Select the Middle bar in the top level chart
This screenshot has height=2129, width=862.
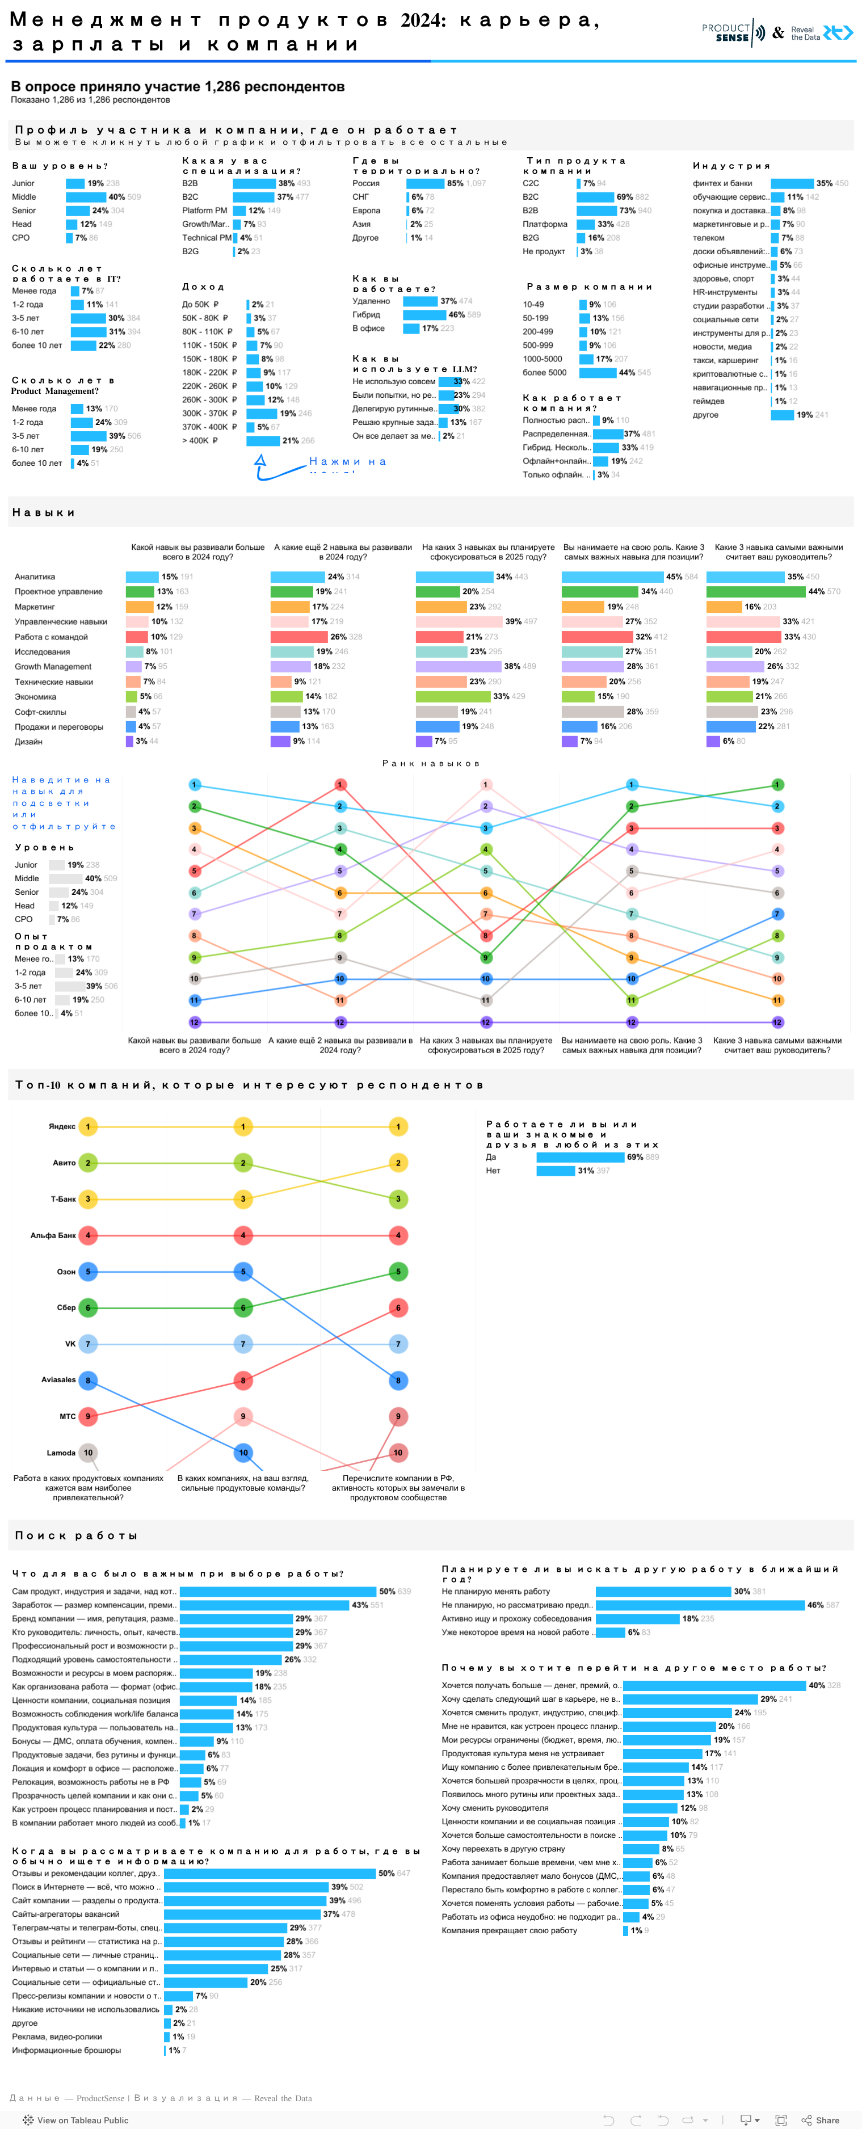pyautogui.click(x=86, y=197)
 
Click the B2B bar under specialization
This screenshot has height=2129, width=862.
pyautogui.click(x=254, y=183)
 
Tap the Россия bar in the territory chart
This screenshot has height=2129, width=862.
pyautogui.click(x=425, y=183)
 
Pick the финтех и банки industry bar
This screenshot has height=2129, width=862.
pyautogui.click(x=792, y=183)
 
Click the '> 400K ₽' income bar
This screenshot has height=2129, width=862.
pyautogui.click(x=263, y=440)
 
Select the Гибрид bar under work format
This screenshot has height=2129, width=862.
pyautogui.click(x=424, y=315)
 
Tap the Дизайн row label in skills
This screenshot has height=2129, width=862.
pyautogui.click(x=28, y=741)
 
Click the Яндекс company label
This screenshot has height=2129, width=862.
pyautogui.click(x=62, y=1126)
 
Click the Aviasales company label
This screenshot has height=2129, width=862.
pyautogui.click(x=58, y=1379)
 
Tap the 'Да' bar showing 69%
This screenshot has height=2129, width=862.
pyautogui.click(x=579, y=1157)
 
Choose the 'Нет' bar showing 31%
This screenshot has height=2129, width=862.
pyautogui.click(x=556, y=1170)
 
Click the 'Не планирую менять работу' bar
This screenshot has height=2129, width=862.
pyautogui.click(x=663, y=1591)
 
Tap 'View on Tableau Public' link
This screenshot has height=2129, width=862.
pyautogui.click(x=75, y=2113)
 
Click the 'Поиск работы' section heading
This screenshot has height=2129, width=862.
pyautogui.click(x=76, y=1535)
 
